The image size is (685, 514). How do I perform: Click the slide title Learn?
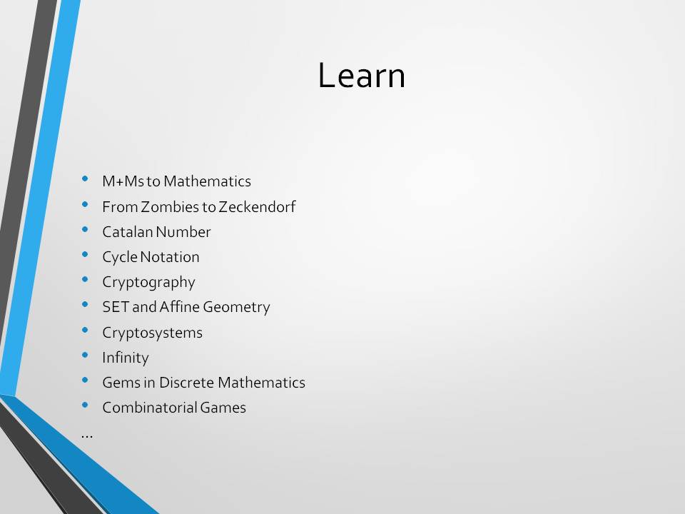pos(362,75)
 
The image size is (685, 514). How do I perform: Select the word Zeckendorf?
pos(257,207)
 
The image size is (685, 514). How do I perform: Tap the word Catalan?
pos(127,231)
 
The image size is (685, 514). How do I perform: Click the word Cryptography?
pos(148,283)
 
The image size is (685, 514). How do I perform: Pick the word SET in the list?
pos(116,307)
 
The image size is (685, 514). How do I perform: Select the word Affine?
pos(179,307)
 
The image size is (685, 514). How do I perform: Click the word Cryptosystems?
pos(152,333)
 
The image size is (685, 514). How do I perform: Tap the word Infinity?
pos(126,358)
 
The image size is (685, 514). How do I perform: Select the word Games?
pos(223,408)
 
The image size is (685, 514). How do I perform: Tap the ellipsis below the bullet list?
pos(87,435)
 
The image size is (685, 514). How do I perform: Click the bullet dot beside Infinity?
pos(85,356)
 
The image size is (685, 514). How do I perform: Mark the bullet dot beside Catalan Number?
pos(85,229)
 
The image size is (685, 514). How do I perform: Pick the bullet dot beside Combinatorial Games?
pos(85,405)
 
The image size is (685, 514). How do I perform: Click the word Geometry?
pos(236,307)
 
